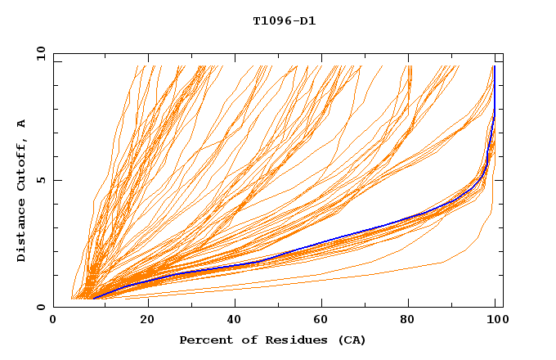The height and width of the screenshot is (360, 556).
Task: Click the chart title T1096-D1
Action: tap(284, 20)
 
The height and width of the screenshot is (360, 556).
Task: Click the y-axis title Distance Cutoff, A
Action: tap(21, 191)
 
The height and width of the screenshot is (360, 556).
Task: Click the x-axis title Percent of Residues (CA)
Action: tap(272, 340)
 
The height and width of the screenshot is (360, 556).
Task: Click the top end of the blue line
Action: tap(495, 66)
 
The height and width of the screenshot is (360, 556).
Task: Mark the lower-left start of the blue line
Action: tap(92, 299)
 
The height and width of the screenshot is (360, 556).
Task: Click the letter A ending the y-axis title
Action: tap(21, 124)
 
